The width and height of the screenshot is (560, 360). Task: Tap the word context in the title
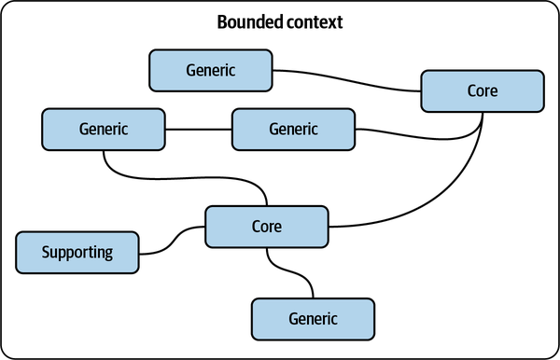pos(314,22)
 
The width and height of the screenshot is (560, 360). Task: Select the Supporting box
pos(77,252)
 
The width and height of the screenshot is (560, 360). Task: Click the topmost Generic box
pos(210,70)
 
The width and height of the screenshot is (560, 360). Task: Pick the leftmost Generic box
pos(104,129)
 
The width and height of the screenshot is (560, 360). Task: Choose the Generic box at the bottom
pos(313,318)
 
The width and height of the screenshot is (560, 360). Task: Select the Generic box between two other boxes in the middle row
pos(293,129)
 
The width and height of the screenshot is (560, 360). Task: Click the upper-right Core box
pos(482,91)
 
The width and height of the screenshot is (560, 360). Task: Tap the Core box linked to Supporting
pos(266,227)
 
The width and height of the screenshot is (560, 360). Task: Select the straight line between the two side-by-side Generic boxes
pos(198,129)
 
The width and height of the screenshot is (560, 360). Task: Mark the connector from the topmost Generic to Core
pos(345,80)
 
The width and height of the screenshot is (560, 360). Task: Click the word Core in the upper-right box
pos(482,91)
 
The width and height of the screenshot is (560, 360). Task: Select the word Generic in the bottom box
pos(313,318)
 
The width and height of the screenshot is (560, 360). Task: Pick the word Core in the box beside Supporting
pos(266,227)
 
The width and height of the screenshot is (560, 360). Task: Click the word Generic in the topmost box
pos(210,70)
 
